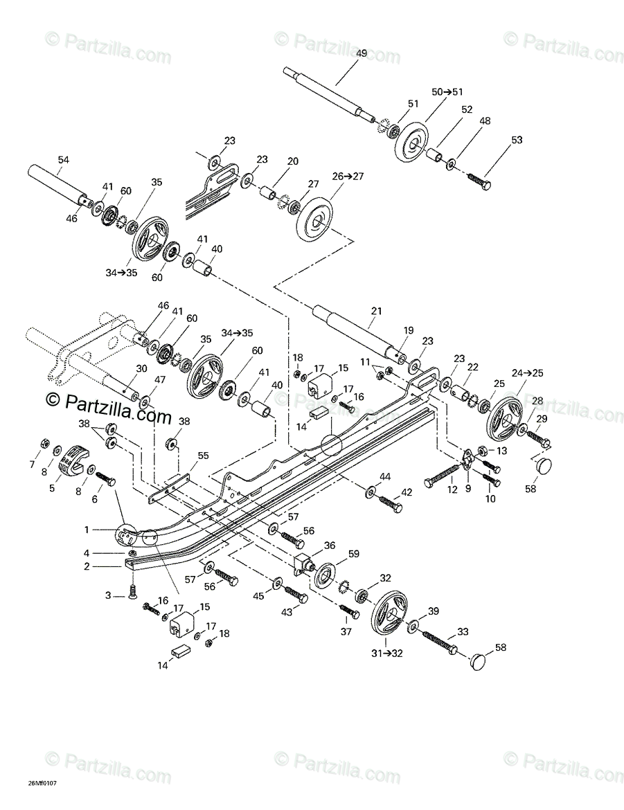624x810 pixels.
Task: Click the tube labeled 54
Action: [x=55, y=182]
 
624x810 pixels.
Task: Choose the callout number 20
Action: [x=292, y=161]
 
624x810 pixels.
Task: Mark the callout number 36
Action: [x=329, y=545]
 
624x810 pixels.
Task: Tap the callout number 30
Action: [x=141, y=369]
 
